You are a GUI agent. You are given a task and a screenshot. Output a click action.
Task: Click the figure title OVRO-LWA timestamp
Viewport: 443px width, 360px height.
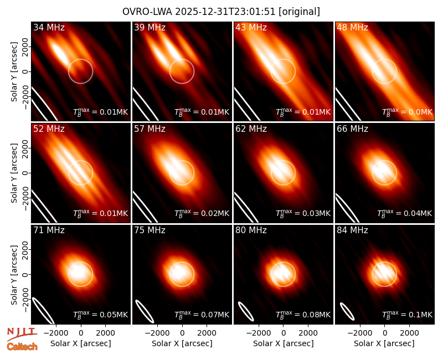tap(221, 12)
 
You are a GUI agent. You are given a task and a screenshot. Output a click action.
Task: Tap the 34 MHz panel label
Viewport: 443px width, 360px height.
tap(49, 27)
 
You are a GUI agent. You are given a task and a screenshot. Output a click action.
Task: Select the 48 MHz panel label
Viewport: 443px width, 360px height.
tap(352, 27)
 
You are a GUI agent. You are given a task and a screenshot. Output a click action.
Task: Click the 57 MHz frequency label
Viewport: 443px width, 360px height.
tap(150, 129)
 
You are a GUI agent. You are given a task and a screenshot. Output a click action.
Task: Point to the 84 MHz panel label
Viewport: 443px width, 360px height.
tap(352, 230)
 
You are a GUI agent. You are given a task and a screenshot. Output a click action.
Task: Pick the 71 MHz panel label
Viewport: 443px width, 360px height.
tap(49, 230)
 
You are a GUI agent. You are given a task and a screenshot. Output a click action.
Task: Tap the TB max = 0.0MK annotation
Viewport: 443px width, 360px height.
tap(407, 112)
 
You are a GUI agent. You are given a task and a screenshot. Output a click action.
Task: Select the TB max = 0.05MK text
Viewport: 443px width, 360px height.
tap(101, 315)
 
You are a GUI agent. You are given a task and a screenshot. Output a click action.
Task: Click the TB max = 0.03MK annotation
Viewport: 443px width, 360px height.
tap(303, 213)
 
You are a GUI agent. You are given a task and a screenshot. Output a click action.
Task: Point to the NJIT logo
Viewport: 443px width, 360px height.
tap(22, 333)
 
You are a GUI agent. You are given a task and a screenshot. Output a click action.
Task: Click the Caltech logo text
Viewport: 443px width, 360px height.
tap(22, 347)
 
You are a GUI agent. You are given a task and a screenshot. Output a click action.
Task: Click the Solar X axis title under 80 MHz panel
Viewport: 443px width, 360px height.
tap(283, 343)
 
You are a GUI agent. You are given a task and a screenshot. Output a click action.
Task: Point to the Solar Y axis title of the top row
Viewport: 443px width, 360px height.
tap(14, 72)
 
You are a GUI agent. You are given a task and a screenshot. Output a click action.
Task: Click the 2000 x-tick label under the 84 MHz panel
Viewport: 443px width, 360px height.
tap(409, 333)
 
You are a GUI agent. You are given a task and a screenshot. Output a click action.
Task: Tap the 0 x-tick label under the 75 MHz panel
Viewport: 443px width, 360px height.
tap(182, 333)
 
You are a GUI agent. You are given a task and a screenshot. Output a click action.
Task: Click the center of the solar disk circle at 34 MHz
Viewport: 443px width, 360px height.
tap(81, 71)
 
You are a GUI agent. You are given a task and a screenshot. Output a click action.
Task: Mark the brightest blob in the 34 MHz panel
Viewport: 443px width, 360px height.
tap(60, 52)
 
